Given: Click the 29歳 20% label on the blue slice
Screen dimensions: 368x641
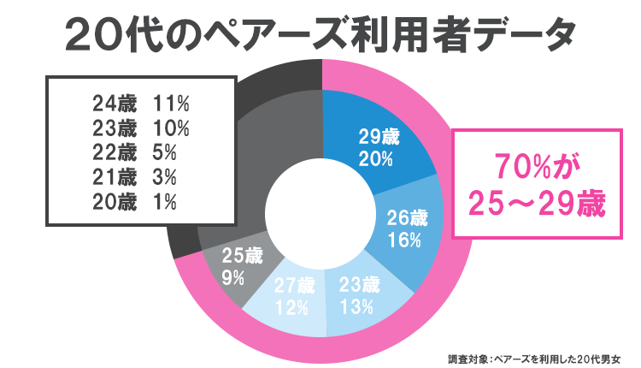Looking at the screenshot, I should (x=377, y=148).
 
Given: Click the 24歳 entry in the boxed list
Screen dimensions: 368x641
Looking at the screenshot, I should (x=115, y=104).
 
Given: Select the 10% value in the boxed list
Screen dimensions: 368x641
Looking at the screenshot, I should (x=172, y=128).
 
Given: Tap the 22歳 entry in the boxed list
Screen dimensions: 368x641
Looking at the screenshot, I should (x=115, y=153).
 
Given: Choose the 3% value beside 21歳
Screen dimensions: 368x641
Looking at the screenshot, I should (x=165, y=178).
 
